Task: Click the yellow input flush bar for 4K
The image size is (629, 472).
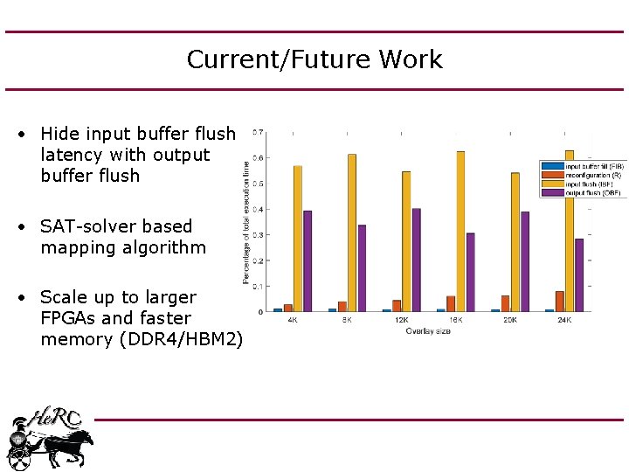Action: coord(298,238)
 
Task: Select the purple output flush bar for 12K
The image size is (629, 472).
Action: coord(417,260)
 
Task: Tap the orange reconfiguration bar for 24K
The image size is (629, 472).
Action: coord(559,302)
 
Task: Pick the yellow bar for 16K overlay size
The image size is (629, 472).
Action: coord(460,231)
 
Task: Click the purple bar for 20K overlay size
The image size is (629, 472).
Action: coord(525,261)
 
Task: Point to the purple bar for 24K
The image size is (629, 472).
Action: coord(579,274)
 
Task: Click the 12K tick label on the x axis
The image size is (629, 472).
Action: coord(401,320)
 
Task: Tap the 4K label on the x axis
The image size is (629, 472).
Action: coord(293,320)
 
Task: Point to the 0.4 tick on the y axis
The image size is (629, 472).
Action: coord(258,209)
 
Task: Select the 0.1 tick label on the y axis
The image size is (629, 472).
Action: coord(258,286)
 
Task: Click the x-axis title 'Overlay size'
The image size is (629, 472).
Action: coord(428,331)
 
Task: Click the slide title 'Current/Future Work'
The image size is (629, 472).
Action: coord(314,59)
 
